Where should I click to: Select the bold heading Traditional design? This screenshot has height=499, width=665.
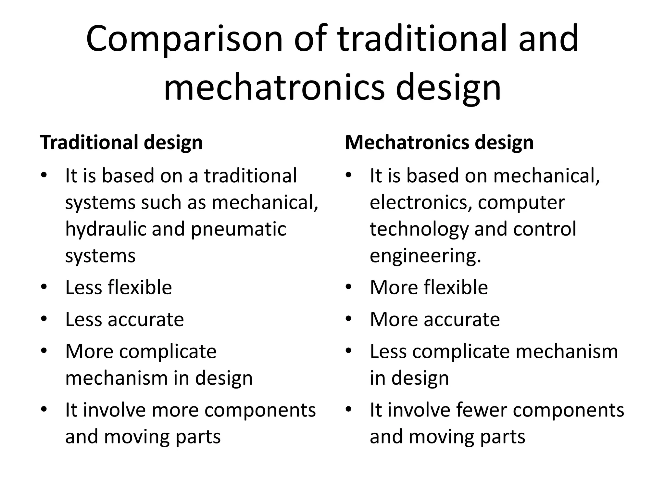click(x=121, y=142)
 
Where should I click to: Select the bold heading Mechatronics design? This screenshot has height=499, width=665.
click(x=439, y=142)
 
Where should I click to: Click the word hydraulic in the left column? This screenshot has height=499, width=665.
click(x=106, y=229)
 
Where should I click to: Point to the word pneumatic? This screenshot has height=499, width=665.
click(x=238, y=229)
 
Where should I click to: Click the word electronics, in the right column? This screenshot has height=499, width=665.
click(x=421, y=202)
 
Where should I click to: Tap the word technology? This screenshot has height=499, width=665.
click(x=419, y=229)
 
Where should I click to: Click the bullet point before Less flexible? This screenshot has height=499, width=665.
click(x=44, y=287)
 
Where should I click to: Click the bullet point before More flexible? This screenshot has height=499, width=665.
click(x=349, y=287)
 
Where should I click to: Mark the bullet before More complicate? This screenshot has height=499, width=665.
click(x=44, y=351)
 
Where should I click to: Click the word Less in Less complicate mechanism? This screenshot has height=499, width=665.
click(x=388, y=352)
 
